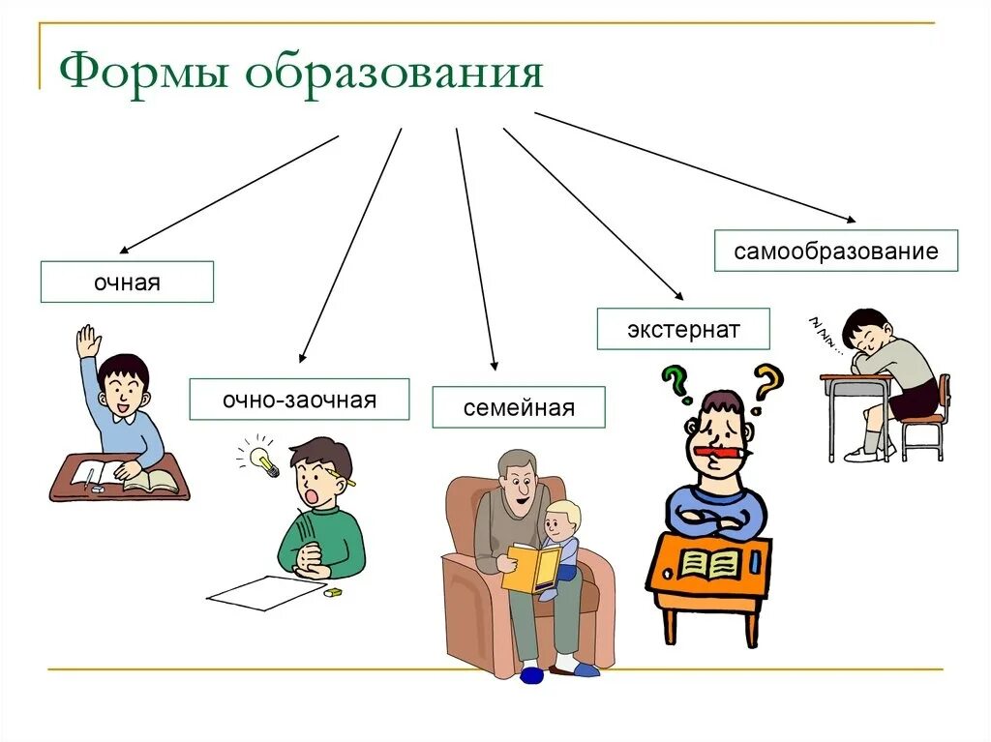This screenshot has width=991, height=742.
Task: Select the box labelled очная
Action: pos(127,282)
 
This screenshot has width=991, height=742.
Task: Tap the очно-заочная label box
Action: pos(299,400)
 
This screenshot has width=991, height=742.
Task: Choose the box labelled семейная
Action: pos(519,407)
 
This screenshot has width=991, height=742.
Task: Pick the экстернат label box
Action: pos(683,329)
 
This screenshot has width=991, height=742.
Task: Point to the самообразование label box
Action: pos(836,251)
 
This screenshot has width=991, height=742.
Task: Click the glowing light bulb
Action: pos(262,460)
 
